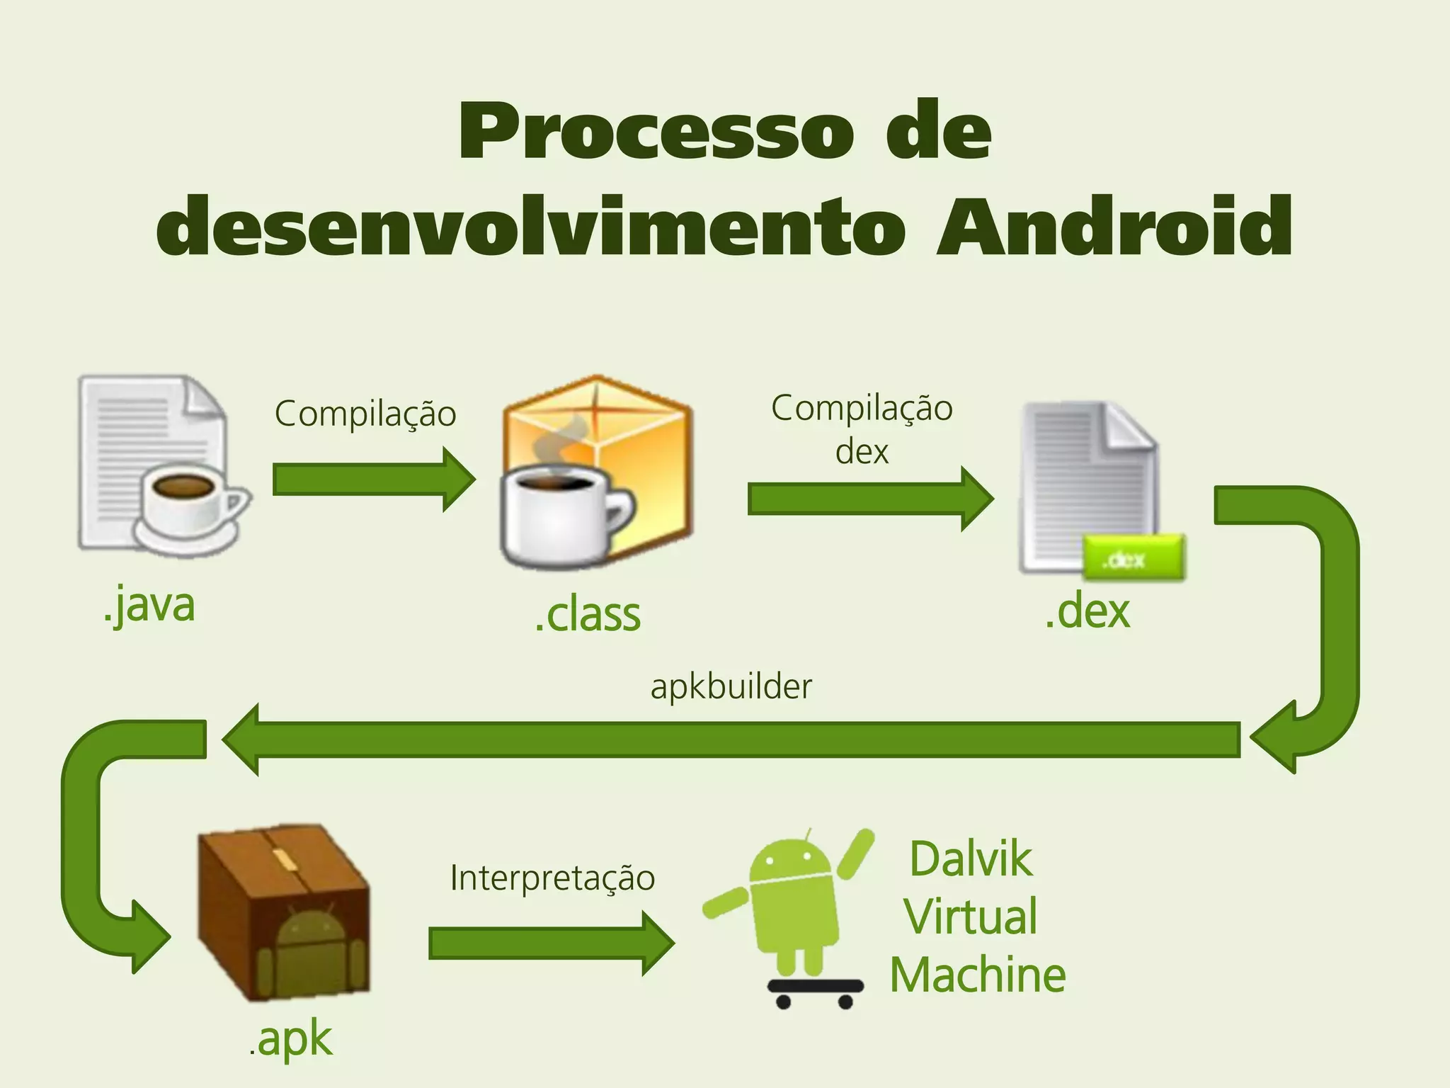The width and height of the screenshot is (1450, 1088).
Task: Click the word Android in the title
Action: [x=1114, y=227]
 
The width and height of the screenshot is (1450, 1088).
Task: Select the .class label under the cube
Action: [x=588, y=615]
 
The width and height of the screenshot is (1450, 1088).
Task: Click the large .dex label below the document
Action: [x=1087, y=611]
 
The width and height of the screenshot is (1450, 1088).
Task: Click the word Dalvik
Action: [x=971, y=860]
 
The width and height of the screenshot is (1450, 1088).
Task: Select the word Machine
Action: [x=978, y=975]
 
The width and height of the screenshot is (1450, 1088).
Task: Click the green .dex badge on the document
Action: [x=1132, y=558]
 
